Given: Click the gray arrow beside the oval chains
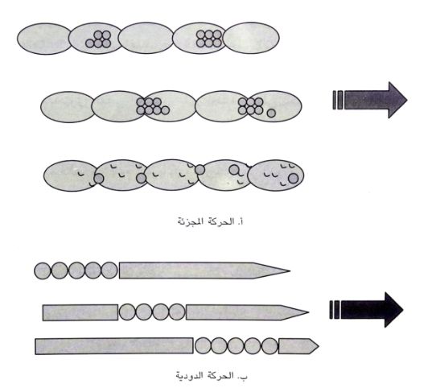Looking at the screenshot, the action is coord(373,100).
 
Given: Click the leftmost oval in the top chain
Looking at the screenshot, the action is coord(44,39).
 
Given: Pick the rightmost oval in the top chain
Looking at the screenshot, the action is coord(252,38).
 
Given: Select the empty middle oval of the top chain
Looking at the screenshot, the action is coord(146,38).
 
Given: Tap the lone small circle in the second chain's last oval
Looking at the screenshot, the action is coord(271,113).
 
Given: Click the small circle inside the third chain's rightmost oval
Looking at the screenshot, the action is coord(293,179).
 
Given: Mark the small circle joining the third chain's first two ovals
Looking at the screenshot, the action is coord(99,179).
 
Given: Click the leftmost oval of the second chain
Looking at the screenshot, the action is coord(68,107).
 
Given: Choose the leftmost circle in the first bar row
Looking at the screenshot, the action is coord(43,270).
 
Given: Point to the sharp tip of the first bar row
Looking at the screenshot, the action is coord(290,270).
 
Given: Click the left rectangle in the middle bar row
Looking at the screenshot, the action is coord(80,313).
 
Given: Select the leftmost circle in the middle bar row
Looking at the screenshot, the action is coord(127,312).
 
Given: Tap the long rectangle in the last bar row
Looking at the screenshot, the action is coord(114,346).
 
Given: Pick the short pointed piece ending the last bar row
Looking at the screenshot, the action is coord(298,346).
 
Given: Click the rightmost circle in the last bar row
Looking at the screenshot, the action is coord(270,346).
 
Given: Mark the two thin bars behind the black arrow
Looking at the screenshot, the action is coord(335,310).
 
